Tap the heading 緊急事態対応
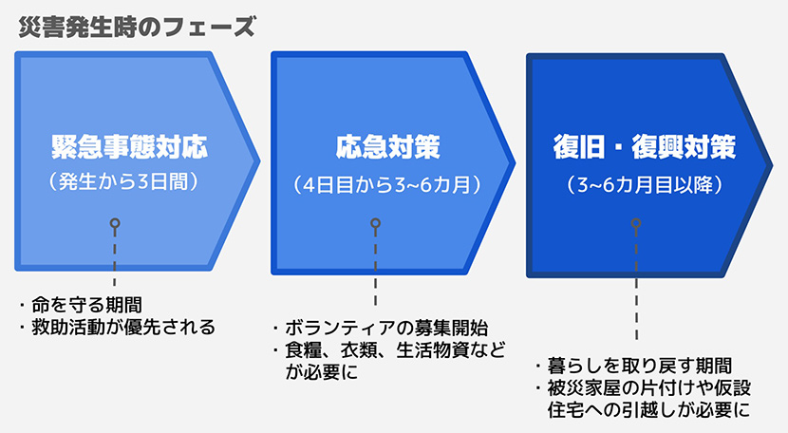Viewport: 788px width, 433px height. click(x=129, y=148)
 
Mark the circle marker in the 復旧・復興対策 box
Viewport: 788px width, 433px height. click(x=635, y=224)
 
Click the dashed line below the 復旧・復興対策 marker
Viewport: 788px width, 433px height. click(x=635, y=285)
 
